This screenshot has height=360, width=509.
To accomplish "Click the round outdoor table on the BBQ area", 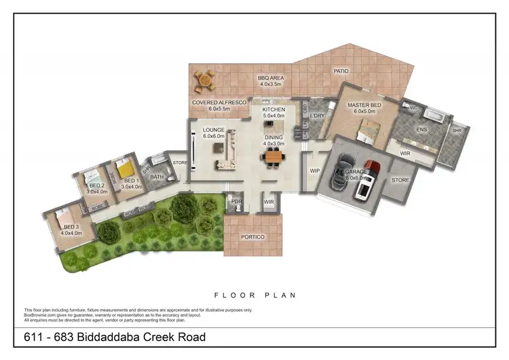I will point(202,83).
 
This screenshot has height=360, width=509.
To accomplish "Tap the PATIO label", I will point(341,70).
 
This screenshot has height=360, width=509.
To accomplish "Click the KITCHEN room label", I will point(274,109).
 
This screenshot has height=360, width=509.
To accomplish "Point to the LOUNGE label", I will point(213,130).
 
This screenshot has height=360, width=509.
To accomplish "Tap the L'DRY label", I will point(318,116).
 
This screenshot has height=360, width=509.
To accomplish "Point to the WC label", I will point(413,108).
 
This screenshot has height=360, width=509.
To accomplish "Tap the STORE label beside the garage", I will point(400,180).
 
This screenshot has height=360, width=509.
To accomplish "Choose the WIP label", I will point(314,170).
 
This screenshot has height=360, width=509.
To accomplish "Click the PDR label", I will point(237,202).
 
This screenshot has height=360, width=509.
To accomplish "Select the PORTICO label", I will point(252,236).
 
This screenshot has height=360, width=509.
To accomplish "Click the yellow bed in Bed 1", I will point(124,167).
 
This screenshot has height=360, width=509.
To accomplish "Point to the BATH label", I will point(157,178).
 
